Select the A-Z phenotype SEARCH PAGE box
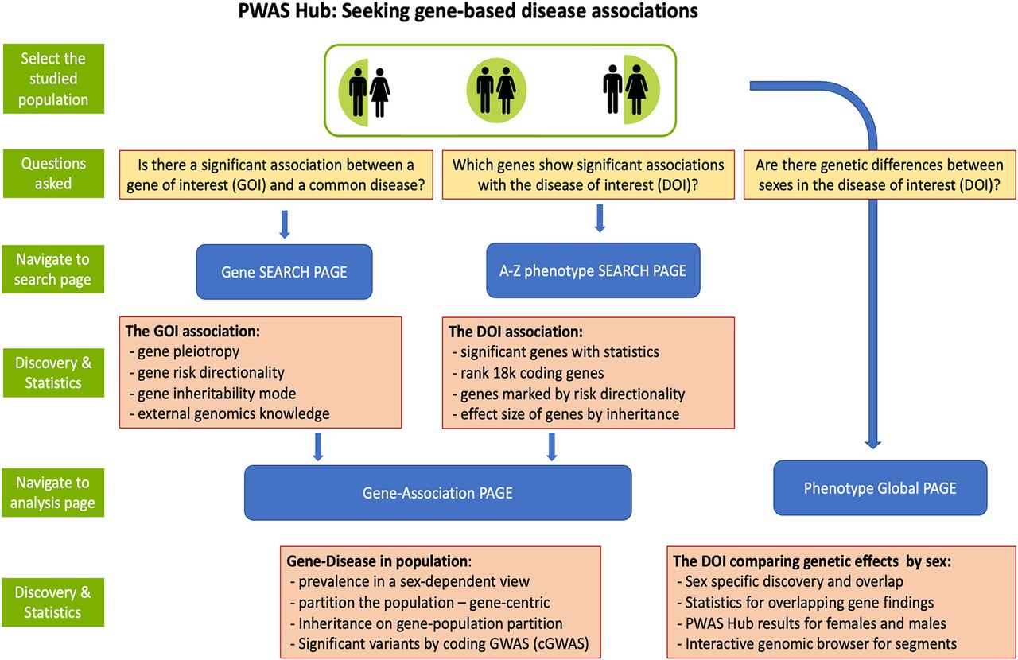tap(593, 270)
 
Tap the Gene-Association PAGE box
tap(437, 493)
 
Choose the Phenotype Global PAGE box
tap(880, 487)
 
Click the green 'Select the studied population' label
tap(52, 79)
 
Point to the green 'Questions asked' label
tap(52, 173)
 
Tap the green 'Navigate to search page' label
tap(52, 270)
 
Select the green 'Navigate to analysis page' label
tap(52, 492)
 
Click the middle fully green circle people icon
tap(496, 89)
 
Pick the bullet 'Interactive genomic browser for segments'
tap(816, 643)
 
